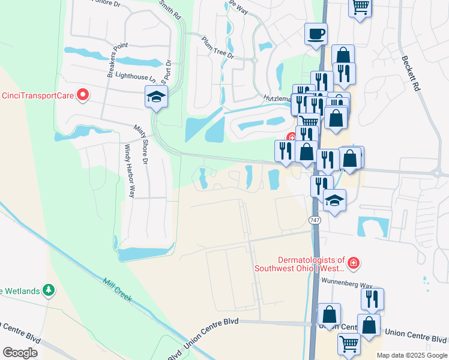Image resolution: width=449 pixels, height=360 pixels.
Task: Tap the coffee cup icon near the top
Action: coord(316,34)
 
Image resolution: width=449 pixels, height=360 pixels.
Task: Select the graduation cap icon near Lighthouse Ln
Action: coord(156,97)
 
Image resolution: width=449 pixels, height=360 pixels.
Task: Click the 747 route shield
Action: coord(315,221)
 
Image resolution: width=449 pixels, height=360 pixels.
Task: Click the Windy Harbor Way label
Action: coord(129,171)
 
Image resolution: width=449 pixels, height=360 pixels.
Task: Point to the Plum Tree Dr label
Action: coord(217,49)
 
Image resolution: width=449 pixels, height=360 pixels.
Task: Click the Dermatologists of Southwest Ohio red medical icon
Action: coord(354,263)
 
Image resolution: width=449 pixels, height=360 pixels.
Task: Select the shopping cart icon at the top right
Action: coord(360,7)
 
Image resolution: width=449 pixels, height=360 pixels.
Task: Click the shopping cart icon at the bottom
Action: coord(349,344)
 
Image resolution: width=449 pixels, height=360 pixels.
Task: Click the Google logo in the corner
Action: coord(20,353)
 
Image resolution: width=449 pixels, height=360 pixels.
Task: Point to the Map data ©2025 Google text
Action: coord(411,355)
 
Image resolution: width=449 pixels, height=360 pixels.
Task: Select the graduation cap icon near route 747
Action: coord(335,200)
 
